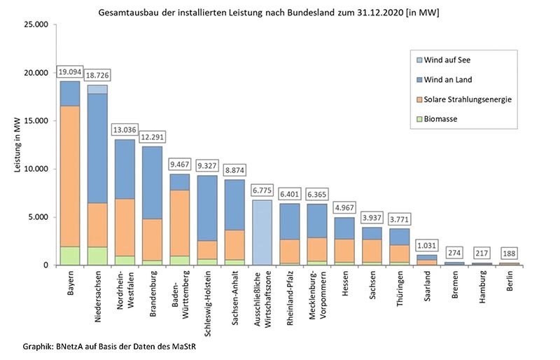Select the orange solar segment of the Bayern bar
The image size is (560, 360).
(69, 175)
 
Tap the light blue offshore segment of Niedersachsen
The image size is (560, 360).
(97, 89)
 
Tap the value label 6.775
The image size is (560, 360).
(262, 190)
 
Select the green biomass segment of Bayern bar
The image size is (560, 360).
(69, 256)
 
